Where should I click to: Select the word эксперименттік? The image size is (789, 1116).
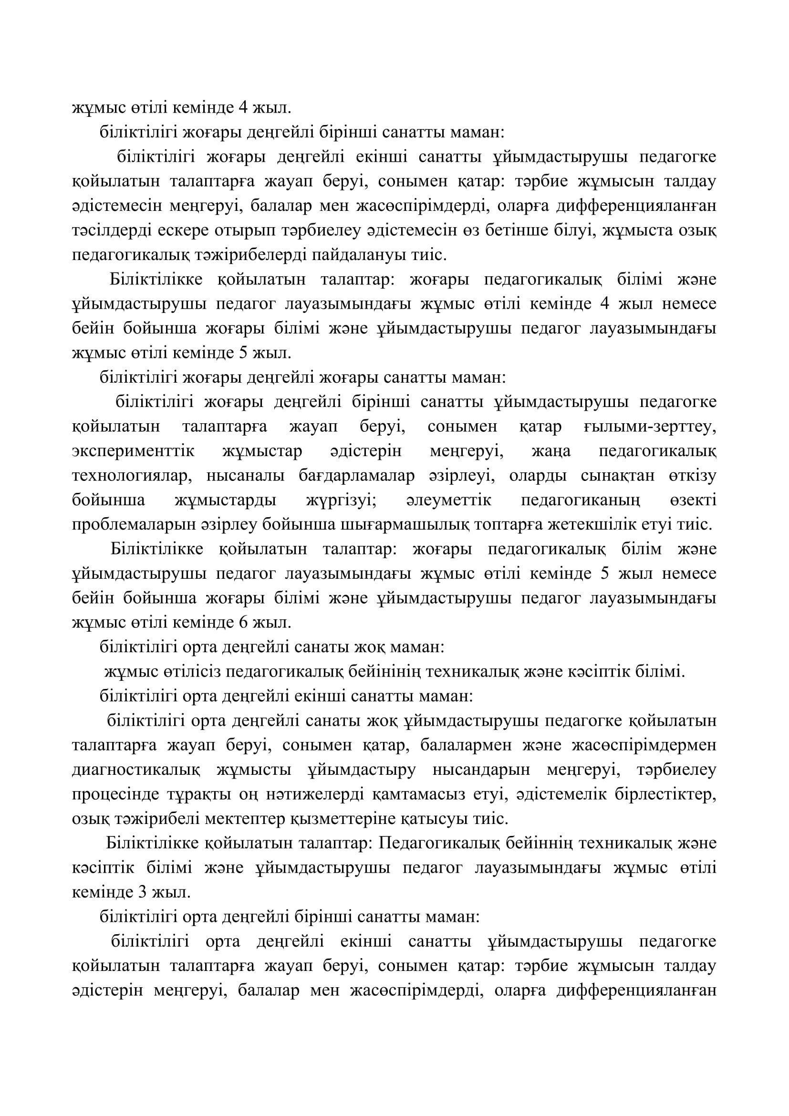(x=133, y=451)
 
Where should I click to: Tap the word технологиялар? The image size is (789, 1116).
(x=130, y=475)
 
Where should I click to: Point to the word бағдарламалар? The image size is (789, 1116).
(x=357, y=475)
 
